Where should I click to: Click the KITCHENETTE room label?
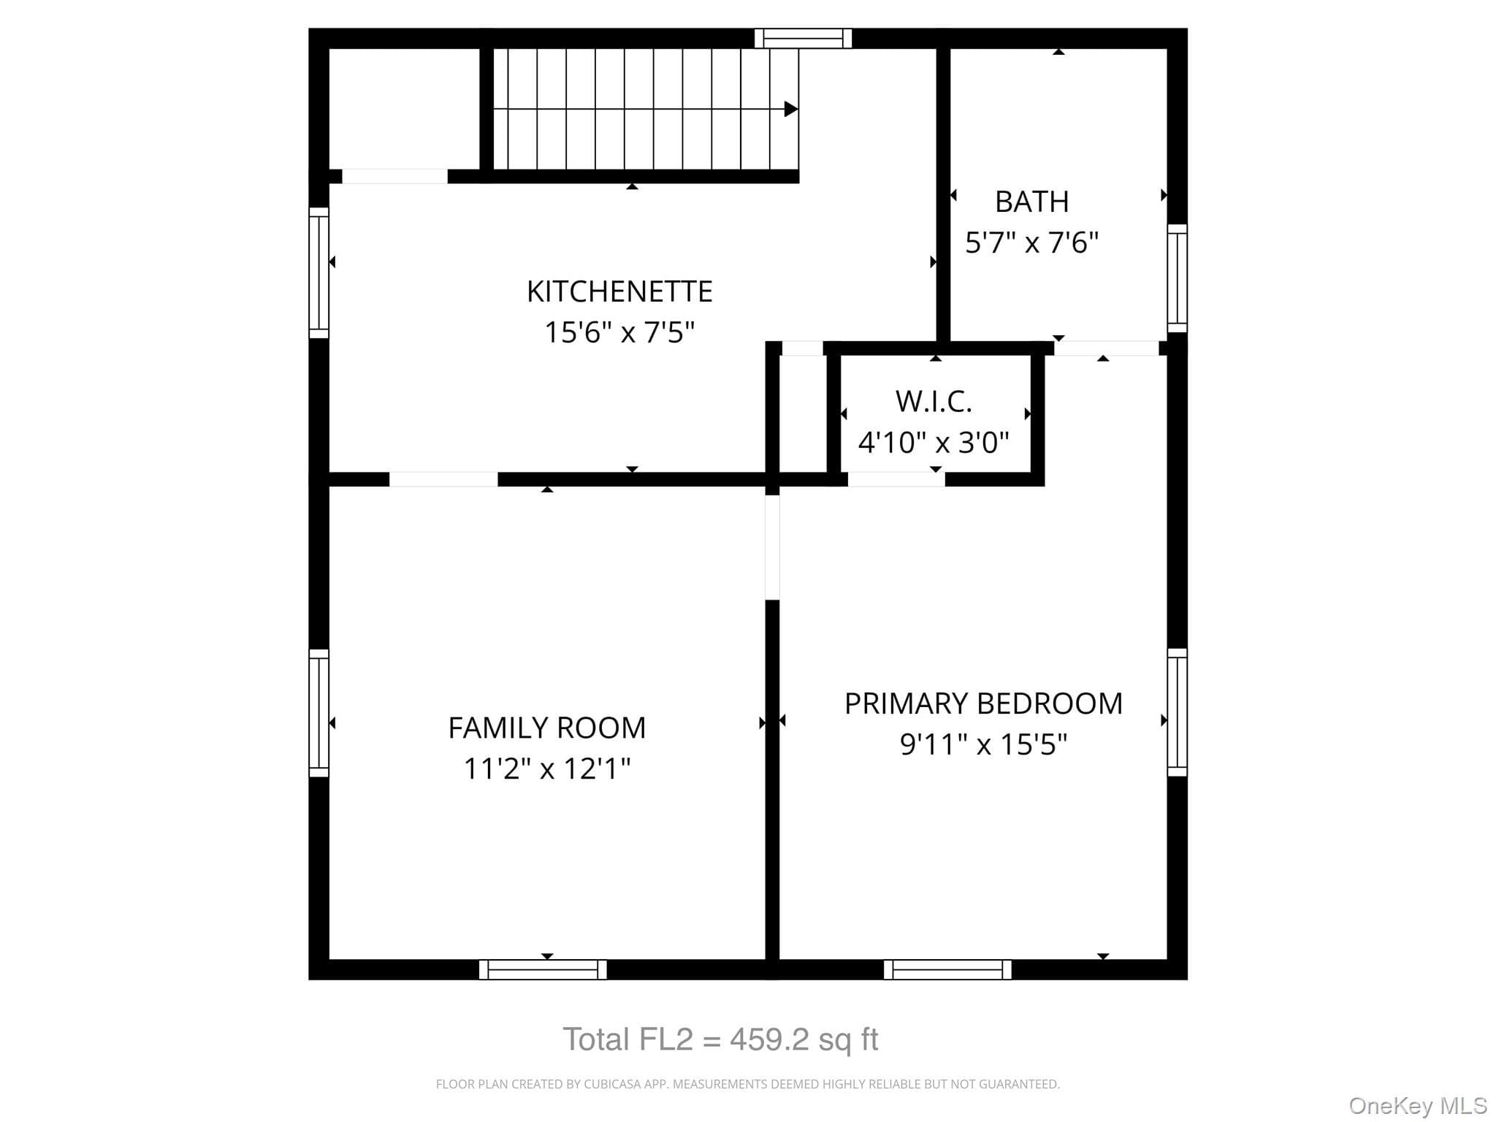(619, 291)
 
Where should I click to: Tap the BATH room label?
(1032, 202)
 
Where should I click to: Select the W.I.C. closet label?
(934, 401)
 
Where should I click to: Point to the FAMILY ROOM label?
(547, 728)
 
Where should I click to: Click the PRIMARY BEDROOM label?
(983, 703)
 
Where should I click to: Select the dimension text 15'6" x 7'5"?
(619, 332)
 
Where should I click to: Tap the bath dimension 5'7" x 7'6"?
(1032, 242)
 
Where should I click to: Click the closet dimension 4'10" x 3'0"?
(934, 442)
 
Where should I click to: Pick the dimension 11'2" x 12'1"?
(547, 768)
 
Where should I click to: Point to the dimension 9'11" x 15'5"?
(983, 744)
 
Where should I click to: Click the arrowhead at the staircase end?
(791, 109)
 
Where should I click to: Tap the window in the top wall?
(803, 38)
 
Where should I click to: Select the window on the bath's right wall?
(1177, 278)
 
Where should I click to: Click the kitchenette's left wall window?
(318, 272)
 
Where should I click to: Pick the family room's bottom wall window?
(543, 969)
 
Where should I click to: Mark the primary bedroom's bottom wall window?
(947, 969)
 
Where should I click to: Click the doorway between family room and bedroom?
(772, 547)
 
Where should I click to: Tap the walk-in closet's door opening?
(896, 479)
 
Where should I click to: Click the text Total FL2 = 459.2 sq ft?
(720, 1039)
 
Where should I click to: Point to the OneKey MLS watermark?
(1418, 1106)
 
